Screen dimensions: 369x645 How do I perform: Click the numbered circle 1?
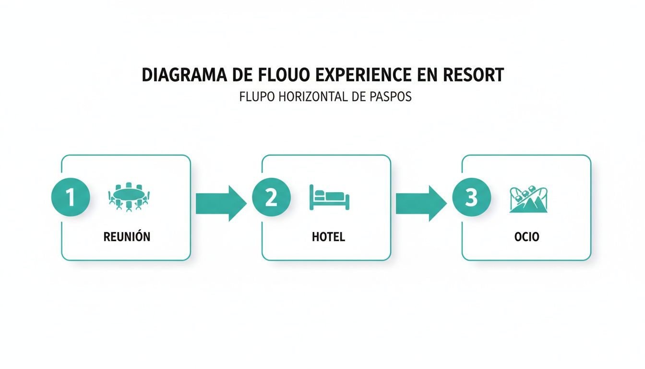click(71, 198)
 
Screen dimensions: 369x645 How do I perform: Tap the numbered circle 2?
click(271, 198)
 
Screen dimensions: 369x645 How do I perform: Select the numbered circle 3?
click(471, 198)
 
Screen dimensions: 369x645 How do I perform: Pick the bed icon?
click(329, 197)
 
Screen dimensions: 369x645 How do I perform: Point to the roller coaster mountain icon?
click(528, 199)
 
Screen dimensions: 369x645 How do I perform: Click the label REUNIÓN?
click(127, 237)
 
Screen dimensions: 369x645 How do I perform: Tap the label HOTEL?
click(328, 237)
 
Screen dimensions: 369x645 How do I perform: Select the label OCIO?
click(527, 237)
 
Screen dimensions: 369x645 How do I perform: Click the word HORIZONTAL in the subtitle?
click(309, 97)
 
